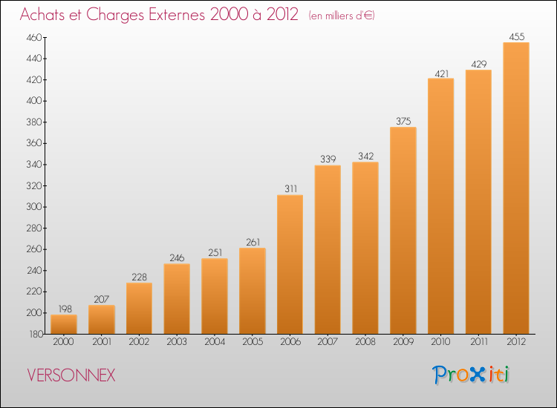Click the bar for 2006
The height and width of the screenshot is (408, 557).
tap(290, 264)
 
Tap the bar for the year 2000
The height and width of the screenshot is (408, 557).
tap(64, 324)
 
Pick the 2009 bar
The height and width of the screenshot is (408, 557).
tap(403, 231)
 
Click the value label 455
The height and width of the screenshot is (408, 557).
tap(516, 36)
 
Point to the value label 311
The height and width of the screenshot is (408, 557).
tap(290, 188)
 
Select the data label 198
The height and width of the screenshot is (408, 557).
tap(64, 308)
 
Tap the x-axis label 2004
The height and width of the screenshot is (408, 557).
tap(215, 343)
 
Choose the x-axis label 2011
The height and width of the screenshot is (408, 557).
tap(478, 343)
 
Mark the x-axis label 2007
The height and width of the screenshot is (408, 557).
tap(328, 343)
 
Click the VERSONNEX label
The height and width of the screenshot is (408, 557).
tap(71, 375)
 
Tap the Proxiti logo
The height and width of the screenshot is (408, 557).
tap(471, 375)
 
